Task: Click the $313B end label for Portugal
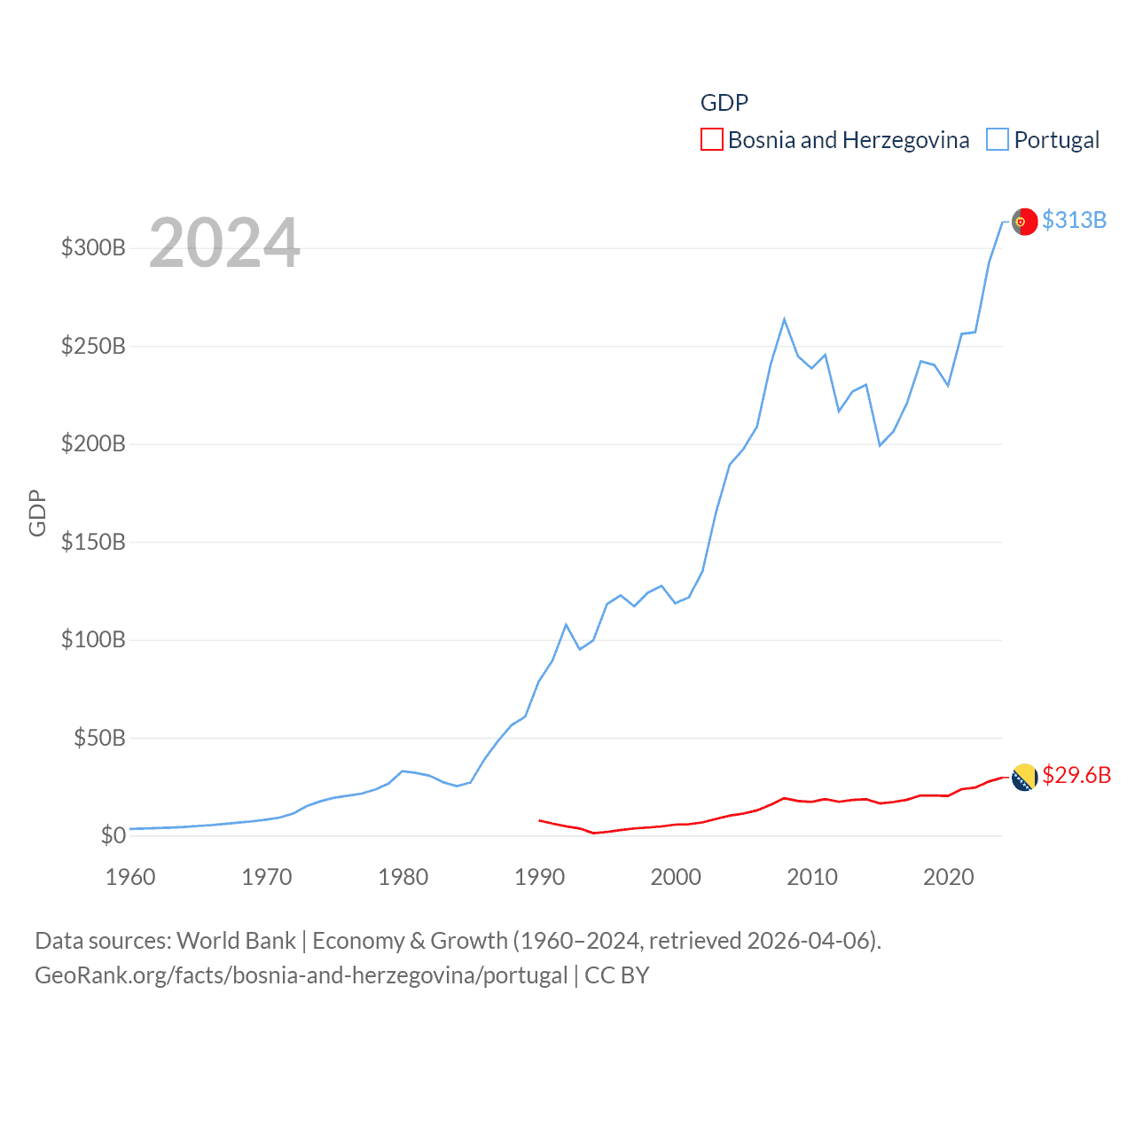click(x=1074, y=220)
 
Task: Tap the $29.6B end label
click(x=1076, y=775)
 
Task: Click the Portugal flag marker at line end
click(x=1024, y=221)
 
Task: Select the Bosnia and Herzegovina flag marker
click(x=1024, y=777)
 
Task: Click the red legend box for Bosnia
click(x=711, y=140)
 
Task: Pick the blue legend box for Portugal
click(x=998, y=140)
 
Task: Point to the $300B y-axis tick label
click(x=93, y=247)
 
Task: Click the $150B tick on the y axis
click(x=93, y=542)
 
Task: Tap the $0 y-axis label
click(x=113, y=835)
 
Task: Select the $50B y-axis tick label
click(x=99, y=738)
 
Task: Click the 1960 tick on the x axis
click(x=130, y=877)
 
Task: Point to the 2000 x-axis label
click(x=676, y=877)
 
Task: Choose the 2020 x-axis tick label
click(x=948, y=877)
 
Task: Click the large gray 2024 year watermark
click(x=224, y=243)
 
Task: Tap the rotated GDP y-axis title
click(x=37, y=513)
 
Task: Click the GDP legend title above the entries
click(x=724, y=103)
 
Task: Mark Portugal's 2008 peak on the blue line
click(x=785, y=320)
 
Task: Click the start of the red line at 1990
click(x=540, y=820)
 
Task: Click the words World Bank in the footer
click(x=236, y=940)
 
